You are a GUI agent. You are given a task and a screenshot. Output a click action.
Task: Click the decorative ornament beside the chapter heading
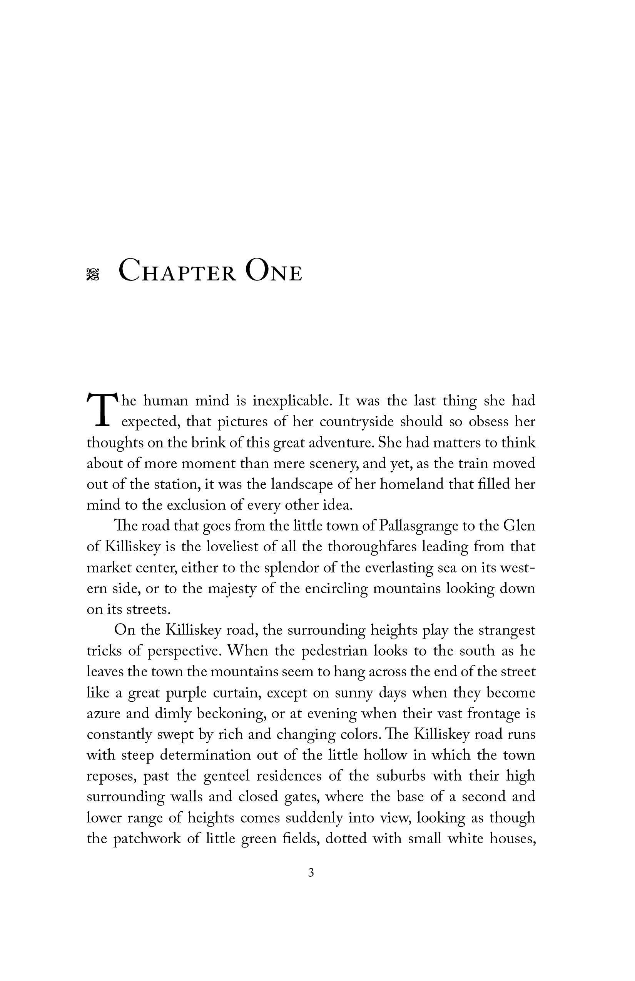pos(93,275)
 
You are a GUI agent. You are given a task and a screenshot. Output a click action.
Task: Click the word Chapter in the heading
pos(177,272)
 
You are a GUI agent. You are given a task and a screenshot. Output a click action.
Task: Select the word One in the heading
pos(273,272)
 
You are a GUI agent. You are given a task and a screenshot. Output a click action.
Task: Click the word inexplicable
pos(292,400)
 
